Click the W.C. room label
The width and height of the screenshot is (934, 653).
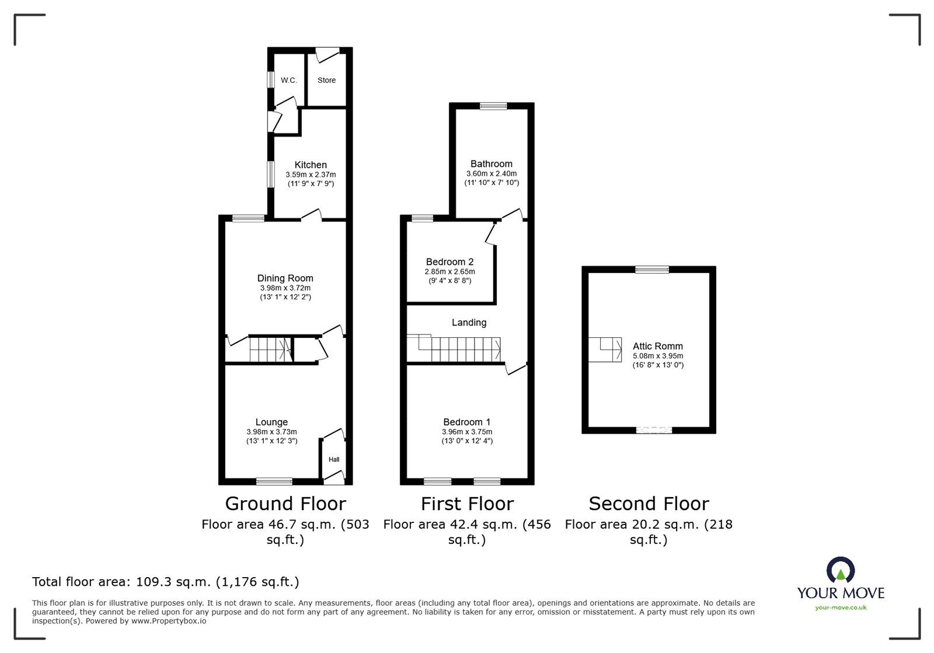click(289, 81)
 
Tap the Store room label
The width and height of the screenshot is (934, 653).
click(326, 81)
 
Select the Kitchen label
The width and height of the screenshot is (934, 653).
click(311, 165)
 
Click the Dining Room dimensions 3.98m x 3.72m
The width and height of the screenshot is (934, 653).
click(285, 288)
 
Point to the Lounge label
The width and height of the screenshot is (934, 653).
click(271, 422)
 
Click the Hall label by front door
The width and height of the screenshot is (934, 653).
click(334, 460)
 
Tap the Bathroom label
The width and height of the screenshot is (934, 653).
click(492, 164)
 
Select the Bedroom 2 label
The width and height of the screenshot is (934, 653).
click(449, 262)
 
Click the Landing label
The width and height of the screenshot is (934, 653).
click(469, 322)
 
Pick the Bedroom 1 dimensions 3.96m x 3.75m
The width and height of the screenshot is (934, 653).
click(467, 432)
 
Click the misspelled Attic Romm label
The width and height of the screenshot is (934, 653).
click(658, 346)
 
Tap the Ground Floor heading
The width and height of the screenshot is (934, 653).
click(285, 504)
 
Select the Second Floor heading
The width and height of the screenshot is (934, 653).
click(649, 504)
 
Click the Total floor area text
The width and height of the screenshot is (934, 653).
click(165, 582)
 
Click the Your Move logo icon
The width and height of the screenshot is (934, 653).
click(841, 570)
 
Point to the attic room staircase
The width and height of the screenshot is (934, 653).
click(605, 350)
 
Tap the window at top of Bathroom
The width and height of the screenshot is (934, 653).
click(493, 106)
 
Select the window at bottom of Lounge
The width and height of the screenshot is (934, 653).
click(274, 481)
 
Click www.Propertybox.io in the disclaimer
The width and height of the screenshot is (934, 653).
click(168, 621)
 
